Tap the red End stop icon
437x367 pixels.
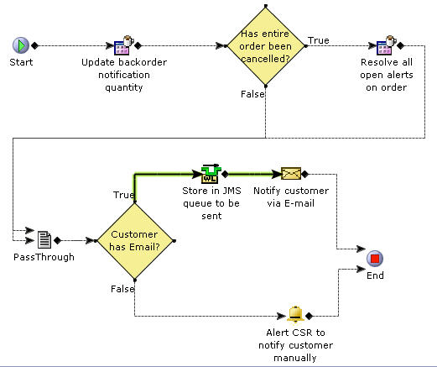[x=375, y=259]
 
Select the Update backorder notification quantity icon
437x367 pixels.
[x=122, y=46]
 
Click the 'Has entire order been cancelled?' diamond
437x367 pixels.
[x=265, y=46]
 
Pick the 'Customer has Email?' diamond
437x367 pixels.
[x=135, y=240]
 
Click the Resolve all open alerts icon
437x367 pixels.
[x=386, y=46]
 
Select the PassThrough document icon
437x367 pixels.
[x=44, y=239]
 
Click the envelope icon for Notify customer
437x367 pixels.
[x=290, y=174]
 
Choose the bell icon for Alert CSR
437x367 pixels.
[x=294, y=315]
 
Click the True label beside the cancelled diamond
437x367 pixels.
[x=318, y=39]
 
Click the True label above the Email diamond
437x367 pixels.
[x=123, y=195]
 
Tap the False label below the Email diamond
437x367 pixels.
[x=122, y=288]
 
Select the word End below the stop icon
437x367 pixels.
[x=375, y=275]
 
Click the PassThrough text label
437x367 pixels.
[x=44, y=257]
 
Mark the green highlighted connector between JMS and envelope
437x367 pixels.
[x=251, y=174]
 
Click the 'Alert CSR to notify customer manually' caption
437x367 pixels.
[x=294, y=345]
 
